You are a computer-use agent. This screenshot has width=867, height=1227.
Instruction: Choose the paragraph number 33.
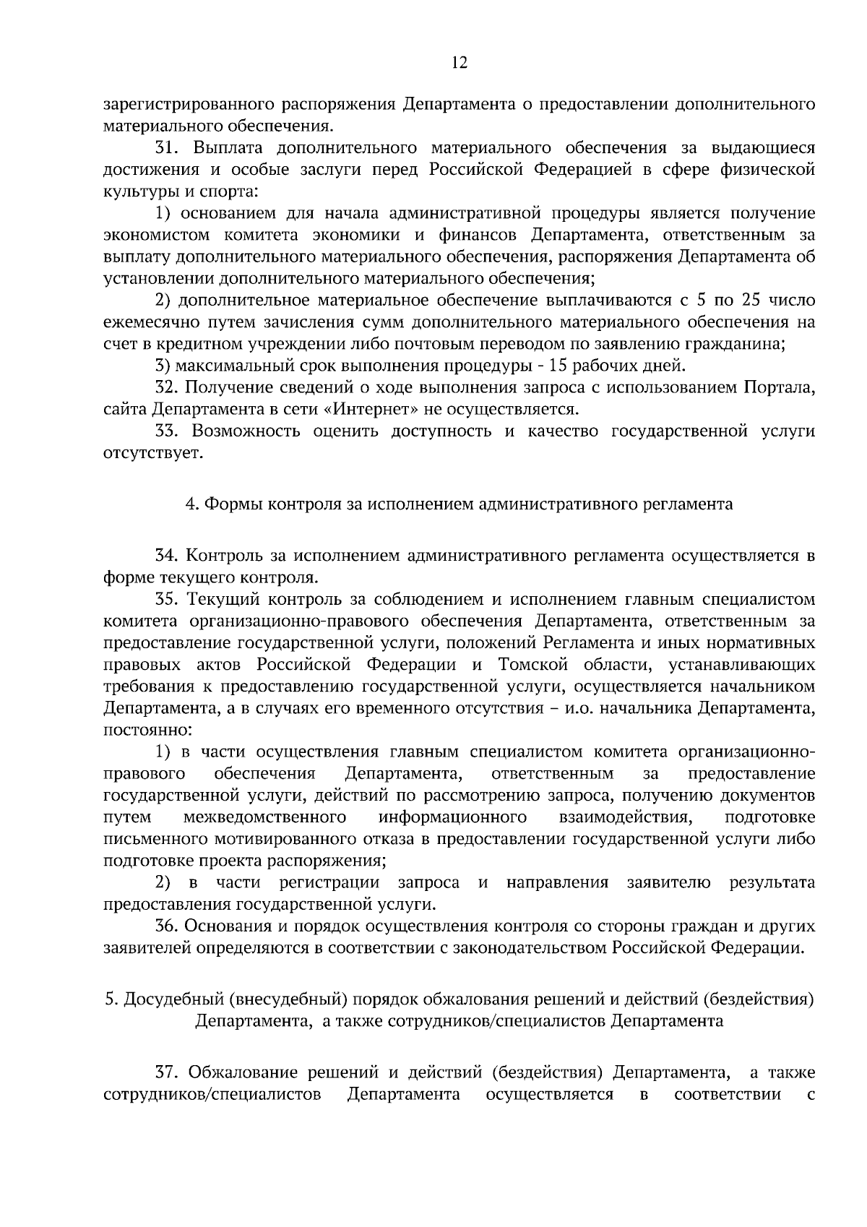pos(168,431)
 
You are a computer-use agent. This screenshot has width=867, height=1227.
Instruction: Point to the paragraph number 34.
pos(168,556)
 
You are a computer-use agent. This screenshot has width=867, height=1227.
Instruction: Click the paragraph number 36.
pos(168,926)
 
